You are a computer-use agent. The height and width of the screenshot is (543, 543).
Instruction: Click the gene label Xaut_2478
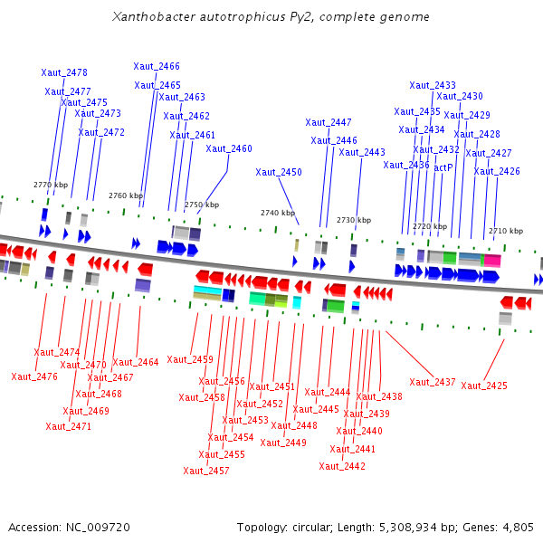64,72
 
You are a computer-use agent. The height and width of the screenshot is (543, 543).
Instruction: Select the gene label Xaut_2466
157,66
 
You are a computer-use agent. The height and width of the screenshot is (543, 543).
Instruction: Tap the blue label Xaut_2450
279,172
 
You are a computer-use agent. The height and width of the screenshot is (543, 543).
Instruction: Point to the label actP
443,167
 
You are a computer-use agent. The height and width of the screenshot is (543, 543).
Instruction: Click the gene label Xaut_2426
497,171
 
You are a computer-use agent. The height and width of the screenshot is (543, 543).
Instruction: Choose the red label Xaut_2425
484,386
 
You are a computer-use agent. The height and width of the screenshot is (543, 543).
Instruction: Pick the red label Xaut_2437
433,382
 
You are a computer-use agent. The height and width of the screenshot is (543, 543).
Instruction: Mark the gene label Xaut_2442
342,466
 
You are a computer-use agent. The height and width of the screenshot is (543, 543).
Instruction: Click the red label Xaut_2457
206,471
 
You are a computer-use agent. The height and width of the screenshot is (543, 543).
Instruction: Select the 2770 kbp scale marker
51,185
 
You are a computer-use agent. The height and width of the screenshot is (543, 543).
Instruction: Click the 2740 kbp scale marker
278,213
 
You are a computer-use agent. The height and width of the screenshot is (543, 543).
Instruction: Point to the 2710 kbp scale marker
505,231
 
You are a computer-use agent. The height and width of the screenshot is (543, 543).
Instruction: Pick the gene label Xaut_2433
433,85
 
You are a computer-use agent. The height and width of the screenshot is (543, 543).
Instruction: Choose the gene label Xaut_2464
136,362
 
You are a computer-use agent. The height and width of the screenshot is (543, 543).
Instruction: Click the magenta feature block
491,260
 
